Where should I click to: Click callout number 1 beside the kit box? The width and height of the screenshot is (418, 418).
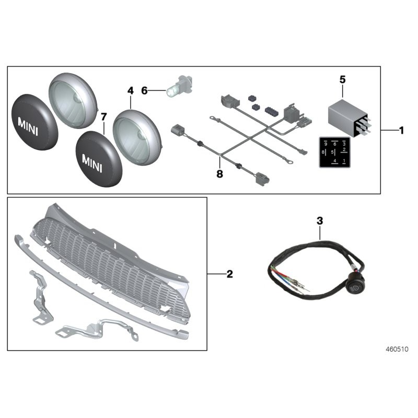401,131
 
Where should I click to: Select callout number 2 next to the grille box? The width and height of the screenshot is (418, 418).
229,274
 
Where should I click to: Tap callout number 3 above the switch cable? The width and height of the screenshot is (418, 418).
320,221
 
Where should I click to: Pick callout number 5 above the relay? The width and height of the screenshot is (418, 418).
343,79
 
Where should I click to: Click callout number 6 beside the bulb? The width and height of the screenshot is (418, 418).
145,90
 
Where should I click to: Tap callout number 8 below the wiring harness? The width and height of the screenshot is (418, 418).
219,174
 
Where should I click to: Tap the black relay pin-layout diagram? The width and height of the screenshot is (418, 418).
334,152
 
